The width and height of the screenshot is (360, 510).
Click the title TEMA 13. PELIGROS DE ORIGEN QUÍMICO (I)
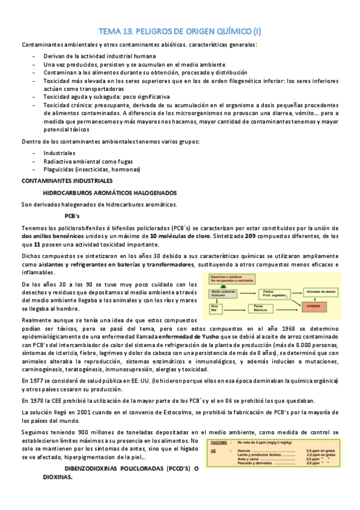pyautogui.click(x=180, y=31)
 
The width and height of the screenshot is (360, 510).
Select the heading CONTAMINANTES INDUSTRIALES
pyautogui.click(x=67, y=180)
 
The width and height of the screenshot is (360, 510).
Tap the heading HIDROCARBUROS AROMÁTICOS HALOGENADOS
pyautogui.click(x=110, y=192)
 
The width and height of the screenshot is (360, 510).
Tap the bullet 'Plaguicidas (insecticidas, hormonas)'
pyautogui.click(x=91, y=169)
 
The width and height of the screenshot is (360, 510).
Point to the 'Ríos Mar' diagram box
pyautogui.click(x=214, y=307)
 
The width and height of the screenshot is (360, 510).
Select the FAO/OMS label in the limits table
pyautogui.click(x=220, y=441)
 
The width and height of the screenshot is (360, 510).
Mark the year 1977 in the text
pyautogui.click(x=38, y=381)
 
